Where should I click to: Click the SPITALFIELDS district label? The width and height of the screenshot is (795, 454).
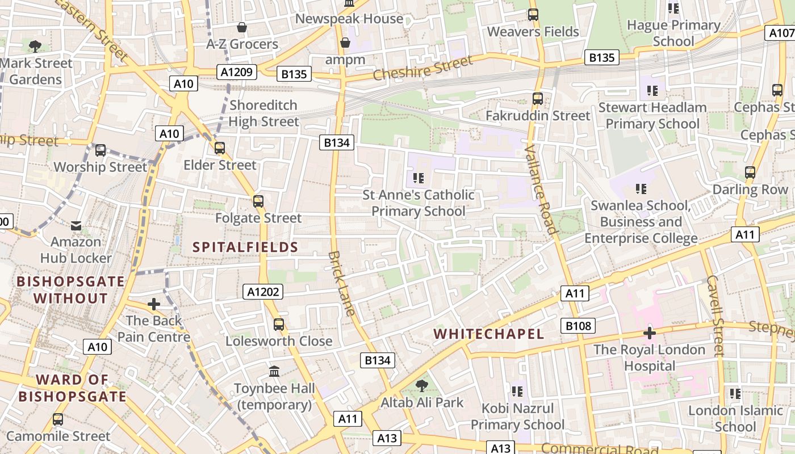(245, 247)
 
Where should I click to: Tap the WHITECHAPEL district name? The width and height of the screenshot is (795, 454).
(489, 334)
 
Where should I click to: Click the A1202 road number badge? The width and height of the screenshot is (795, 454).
(263, 292)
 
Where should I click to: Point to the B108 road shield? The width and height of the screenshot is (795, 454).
(579, 326)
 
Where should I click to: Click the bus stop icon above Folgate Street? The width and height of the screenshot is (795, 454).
(258, 201)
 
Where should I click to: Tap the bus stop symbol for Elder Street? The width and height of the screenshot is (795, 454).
(220, 148)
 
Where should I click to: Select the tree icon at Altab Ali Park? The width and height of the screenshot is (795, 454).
(421, 386)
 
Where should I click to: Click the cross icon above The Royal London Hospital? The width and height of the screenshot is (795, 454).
(650, 333)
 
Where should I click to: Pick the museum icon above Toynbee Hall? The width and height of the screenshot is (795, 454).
(274, 372)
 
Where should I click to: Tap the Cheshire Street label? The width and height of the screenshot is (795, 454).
(422, 69)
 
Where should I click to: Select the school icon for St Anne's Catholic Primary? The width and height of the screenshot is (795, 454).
(419, 178)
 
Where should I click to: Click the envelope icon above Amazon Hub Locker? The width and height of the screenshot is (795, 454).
(76, 226)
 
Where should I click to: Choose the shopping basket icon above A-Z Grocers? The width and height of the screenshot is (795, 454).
(242, 27)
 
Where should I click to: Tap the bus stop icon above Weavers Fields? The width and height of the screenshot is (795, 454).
(533, 15)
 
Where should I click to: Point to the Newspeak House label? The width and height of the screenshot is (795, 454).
(349, 19)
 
